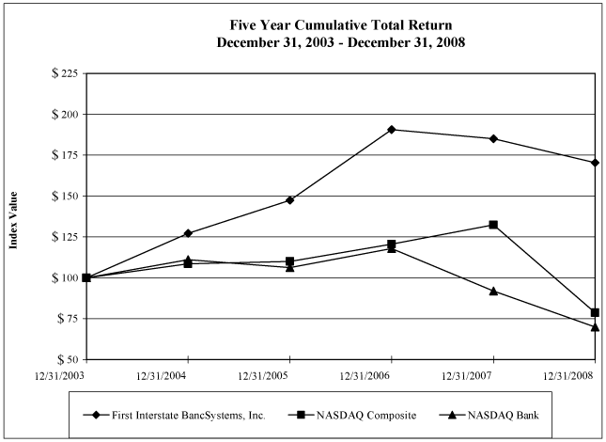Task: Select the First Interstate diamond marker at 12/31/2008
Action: click(595, 163)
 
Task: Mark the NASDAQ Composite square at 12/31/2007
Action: click(493, 225)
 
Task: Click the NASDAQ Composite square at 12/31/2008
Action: click(595, 312)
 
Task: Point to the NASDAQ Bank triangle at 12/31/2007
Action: click(493, 291)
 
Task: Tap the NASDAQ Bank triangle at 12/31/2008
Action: click(595, 326)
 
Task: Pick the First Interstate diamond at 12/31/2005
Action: click(289, 200)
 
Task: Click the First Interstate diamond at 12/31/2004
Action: click(188, 233)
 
